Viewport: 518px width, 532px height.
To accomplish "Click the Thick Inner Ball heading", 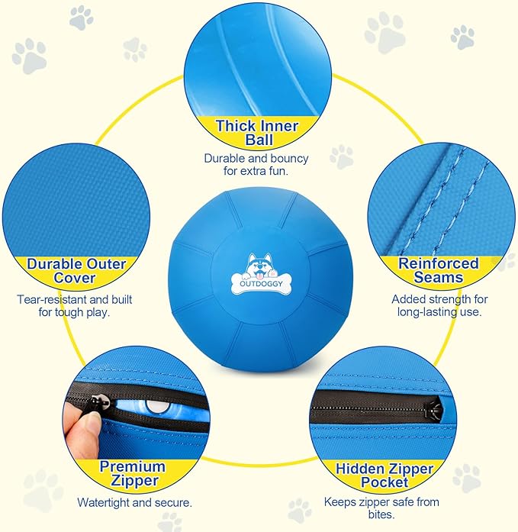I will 256,134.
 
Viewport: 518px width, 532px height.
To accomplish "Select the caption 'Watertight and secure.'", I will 134,503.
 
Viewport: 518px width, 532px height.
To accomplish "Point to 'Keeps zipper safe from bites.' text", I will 381,509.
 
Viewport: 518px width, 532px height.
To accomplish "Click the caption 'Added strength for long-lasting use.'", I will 439,306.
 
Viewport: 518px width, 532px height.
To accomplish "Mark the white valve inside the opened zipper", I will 156,405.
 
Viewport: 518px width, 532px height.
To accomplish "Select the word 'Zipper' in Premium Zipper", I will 133,482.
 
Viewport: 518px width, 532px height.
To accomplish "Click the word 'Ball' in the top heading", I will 258,141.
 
